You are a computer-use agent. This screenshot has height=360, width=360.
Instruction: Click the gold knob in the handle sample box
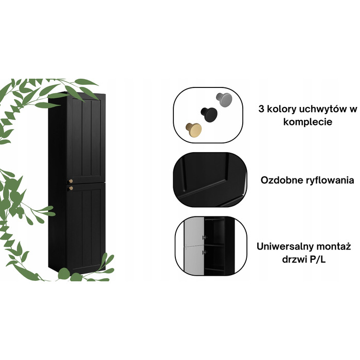pos(193,130)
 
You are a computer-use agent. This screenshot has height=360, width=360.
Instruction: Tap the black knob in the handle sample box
pos(209,115)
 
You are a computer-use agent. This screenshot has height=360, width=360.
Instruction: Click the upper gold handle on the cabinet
pos(71,181)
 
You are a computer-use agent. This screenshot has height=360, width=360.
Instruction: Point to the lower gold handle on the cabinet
pos(71,188)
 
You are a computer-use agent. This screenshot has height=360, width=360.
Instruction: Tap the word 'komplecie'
pos(308,122)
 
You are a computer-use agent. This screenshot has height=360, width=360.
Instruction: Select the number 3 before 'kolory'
pos(261,109)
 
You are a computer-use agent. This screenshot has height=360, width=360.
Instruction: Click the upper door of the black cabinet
pos(86,139)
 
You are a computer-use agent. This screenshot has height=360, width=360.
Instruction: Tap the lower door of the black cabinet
pos(86,228)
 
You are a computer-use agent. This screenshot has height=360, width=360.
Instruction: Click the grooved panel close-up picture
pos(210,180)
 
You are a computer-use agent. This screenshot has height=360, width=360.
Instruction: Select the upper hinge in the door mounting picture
pos(205,237)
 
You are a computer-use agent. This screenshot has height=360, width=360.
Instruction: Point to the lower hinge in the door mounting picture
pos(205,253)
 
